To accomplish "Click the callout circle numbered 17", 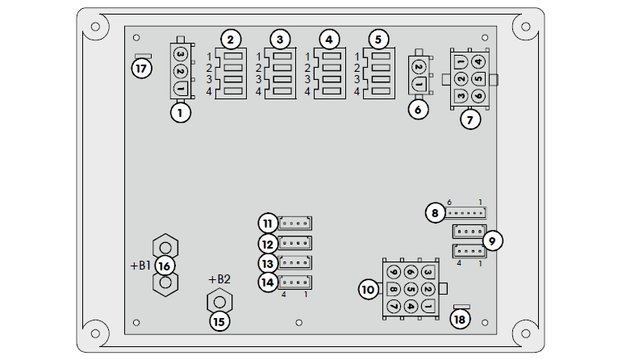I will [141, 69].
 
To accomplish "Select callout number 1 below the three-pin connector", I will [181, 112].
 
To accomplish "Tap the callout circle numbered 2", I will [231, 39].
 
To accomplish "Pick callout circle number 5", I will [377, 39].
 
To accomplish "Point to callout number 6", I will [418, 109].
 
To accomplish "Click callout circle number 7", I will [469, 119].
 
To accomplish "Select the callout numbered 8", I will [436, 213].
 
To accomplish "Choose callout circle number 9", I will [492, 240].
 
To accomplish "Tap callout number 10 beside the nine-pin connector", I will [369, 288].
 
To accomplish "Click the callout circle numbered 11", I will [269, 223].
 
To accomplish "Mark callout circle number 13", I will [269, 262].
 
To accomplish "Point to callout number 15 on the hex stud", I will [219, 320].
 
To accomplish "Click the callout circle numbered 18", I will [461, 320].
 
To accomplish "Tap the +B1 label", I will [140, 265].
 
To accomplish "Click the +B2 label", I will [219, 279].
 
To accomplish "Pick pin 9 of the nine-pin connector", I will [394, 272].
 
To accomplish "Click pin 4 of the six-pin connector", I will [478, 61].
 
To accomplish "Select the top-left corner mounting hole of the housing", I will [95, 27].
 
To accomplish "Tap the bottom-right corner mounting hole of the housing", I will [529, 332].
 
